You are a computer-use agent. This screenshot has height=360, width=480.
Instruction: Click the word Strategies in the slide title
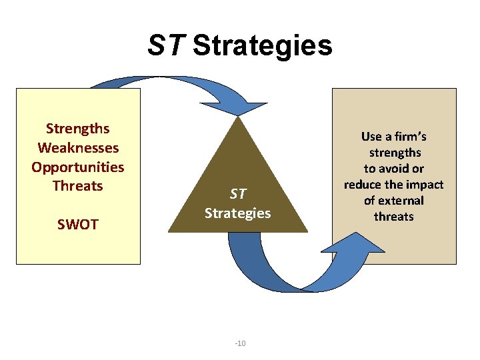[262, 46]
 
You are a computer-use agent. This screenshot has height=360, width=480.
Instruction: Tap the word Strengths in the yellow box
[77, 128]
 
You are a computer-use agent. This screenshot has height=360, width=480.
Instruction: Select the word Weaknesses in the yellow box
[78, 147]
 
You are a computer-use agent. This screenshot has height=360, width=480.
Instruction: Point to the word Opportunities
[78, 167]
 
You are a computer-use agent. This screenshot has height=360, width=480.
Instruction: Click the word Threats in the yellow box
[78, 185]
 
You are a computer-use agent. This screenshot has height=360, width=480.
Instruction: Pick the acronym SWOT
[78, 224]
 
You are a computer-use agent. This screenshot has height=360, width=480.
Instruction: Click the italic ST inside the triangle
[238, 194]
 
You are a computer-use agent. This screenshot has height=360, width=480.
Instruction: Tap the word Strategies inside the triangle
[238, 213]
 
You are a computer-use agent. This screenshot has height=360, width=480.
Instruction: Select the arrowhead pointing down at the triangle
[248, 107]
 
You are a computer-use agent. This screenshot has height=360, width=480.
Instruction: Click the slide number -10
[241, 343]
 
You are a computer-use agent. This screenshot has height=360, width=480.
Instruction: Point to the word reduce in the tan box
[363, 185]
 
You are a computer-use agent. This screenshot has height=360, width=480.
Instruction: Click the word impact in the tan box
[425, 185]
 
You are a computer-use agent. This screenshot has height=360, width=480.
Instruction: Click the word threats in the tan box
[394, 217]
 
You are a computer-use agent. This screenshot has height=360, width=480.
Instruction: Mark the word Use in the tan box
[371, 137]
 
